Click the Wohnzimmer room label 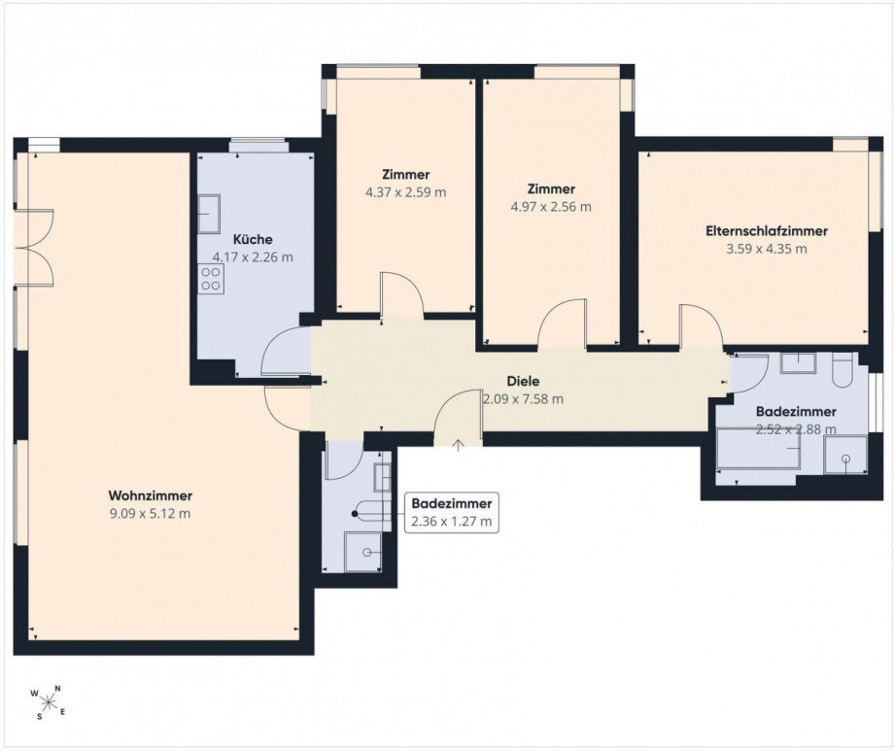(150, 495)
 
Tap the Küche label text (253, 239)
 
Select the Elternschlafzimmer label (767, 231)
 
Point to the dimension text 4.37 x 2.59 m (405, 192)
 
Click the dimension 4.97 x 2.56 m (551, 206)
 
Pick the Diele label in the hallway (523, 381)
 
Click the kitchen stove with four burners (211, 279)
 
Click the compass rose (49, 701)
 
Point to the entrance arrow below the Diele (459, 445)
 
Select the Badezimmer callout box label (452, 512)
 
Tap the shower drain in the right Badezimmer (846, 459)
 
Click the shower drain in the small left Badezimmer (367, 552)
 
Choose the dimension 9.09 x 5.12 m (150, 514)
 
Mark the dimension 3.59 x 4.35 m (767, 249)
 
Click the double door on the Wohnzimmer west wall (34, 247)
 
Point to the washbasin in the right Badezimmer (799, 362)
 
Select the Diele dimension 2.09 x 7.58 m (523, 399)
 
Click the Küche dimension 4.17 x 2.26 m (253, 257)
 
